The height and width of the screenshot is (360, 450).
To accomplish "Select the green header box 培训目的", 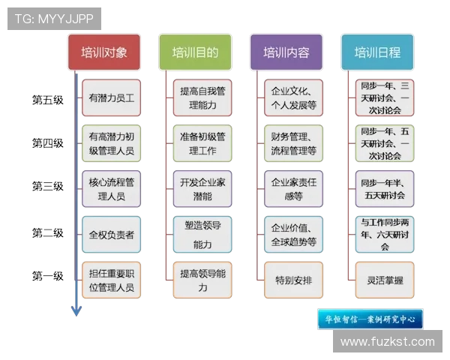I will coord(195,52).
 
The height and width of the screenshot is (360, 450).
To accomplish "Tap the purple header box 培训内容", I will coord(286,52).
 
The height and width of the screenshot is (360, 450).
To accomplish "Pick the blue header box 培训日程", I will coord(377,52).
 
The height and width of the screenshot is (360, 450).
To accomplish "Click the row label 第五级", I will coord(47,99).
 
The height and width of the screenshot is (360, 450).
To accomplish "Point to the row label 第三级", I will coord(47,186).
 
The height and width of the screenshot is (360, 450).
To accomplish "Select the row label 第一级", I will coord(47,277).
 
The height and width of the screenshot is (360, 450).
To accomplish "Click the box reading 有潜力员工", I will coord(111,98).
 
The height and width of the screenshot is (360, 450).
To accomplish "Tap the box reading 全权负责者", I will coord(111,235).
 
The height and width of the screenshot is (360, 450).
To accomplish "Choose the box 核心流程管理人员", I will coord(111,189).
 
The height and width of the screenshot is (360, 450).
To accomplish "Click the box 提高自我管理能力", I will coord(202,98).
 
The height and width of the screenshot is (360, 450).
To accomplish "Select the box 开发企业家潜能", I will coord(202,189).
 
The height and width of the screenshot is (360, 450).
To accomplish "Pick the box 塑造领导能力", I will coord(202,235).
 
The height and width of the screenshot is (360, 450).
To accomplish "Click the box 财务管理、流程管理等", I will coord(293,143).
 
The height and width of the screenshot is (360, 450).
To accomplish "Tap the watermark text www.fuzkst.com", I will coord(387,341).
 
